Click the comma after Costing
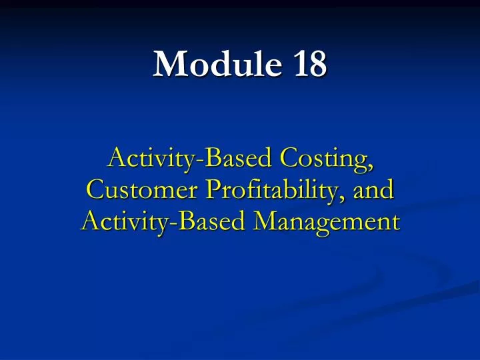tap(370, 167)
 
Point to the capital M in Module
tap(167, 65)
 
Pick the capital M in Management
tap(261, 220)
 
